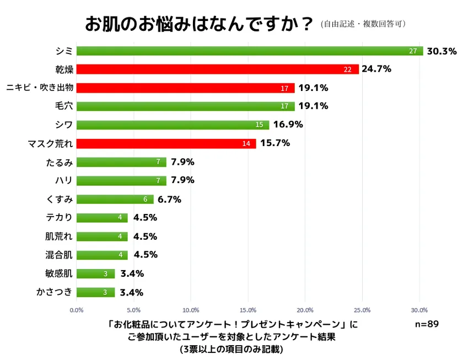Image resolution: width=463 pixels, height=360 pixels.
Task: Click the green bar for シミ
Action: point(248,51)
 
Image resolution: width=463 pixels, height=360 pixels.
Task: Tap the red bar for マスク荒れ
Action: point(165,144)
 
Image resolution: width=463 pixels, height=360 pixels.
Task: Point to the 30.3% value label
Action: point(442,51)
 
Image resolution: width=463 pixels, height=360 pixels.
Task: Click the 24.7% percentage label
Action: point(376,69)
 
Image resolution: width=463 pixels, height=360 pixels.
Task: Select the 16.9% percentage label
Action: point(288,125)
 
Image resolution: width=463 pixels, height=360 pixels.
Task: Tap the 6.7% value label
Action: point(170,200)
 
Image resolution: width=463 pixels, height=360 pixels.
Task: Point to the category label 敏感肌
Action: point(59,273)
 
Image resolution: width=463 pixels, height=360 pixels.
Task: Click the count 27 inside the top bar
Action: point(413,51)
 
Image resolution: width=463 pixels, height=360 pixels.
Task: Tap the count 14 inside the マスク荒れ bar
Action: point(246,144)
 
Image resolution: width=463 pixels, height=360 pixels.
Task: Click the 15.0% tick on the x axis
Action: point(248,310)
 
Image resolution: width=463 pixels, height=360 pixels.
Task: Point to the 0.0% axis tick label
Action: point(77,310)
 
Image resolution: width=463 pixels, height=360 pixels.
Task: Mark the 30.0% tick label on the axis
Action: point(419,310)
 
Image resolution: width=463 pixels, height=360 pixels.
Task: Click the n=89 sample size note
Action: point(427,324)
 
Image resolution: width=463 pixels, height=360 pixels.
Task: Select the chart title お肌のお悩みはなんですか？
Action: point(199,24)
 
